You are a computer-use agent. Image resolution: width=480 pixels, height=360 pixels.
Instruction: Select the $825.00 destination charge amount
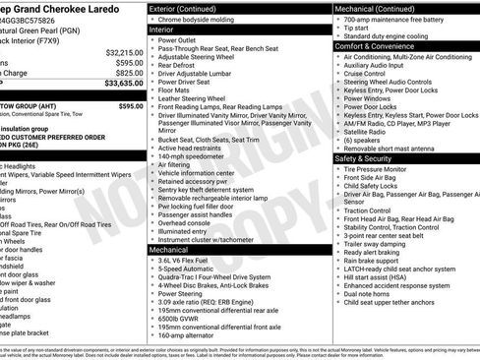click(x=129, y=73)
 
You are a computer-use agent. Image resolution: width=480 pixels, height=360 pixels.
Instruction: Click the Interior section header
click(x=168, y=30)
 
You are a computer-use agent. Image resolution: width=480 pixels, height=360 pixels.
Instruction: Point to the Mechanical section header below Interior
click(x=173, y=250)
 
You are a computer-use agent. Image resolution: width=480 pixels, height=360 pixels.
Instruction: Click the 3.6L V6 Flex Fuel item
click(x=194, y=262)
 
